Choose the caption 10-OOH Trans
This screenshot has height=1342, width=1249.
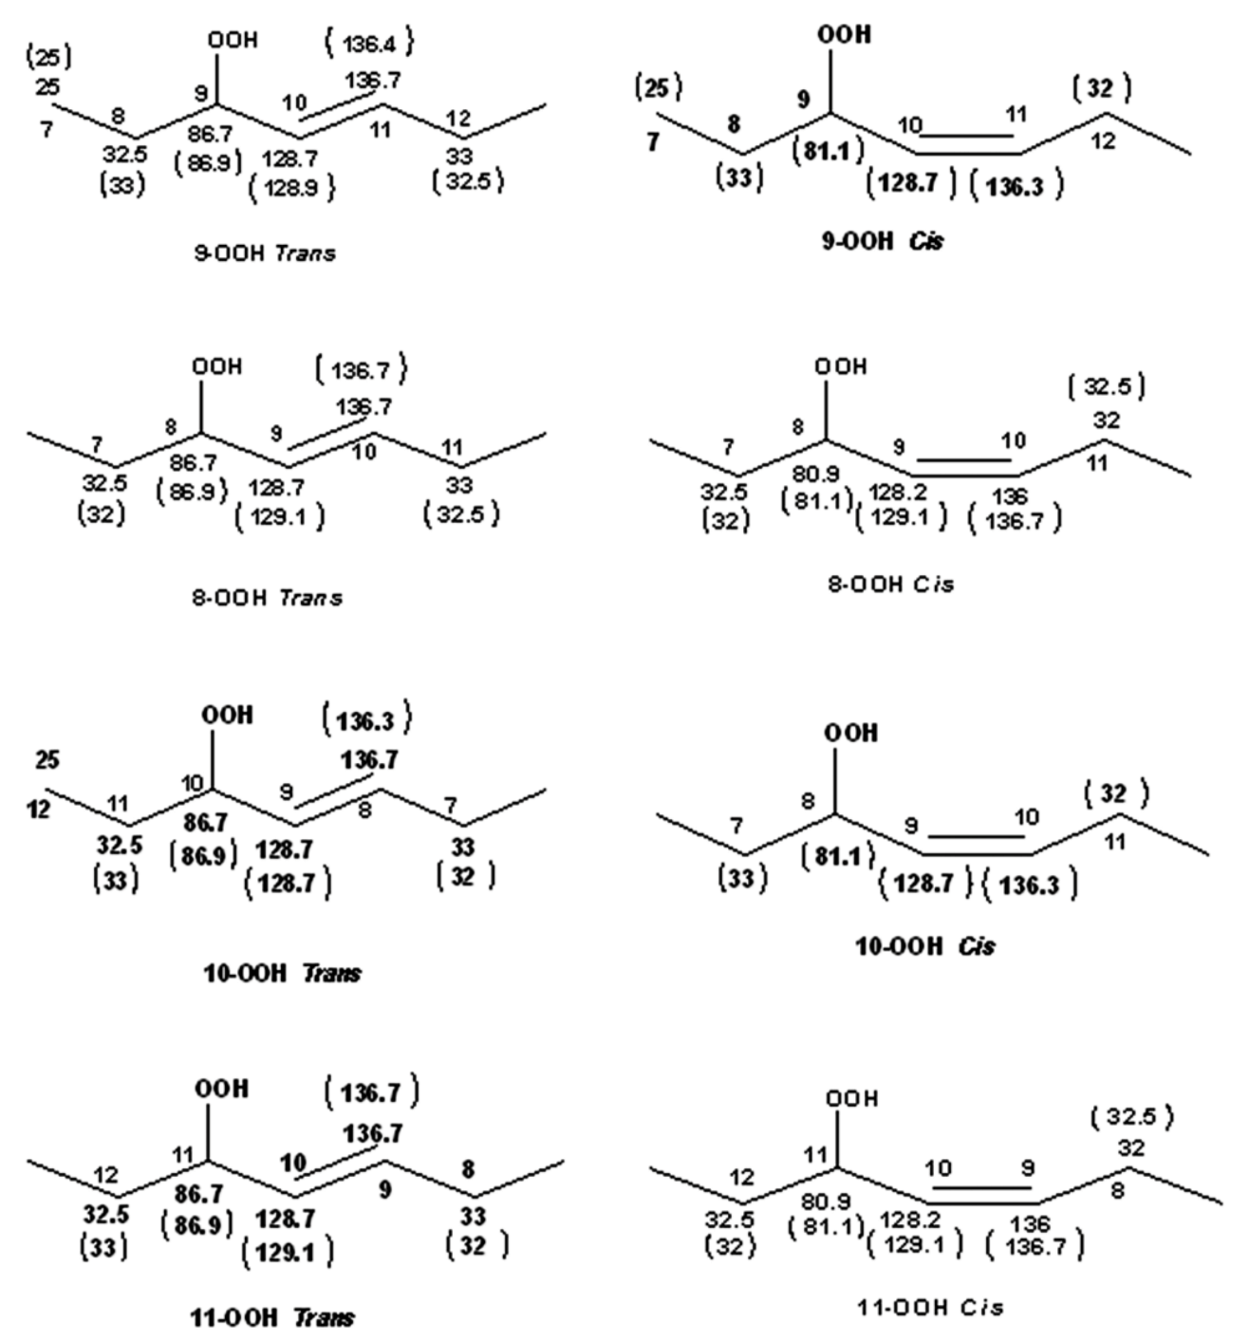coord(282,973)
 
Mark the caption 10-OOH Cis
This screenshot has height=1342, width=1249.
coord(925,946)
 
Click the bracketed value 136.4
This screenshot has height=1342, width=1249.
coord(369,43)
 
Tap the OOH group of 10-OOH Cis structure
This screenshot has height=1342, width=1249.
coord(850,734)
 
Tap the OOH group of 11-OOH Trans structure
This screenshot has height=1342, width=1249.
coord(221,1089)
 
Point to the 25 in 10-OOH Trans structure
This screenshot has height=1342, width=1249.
coord(47,760)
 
